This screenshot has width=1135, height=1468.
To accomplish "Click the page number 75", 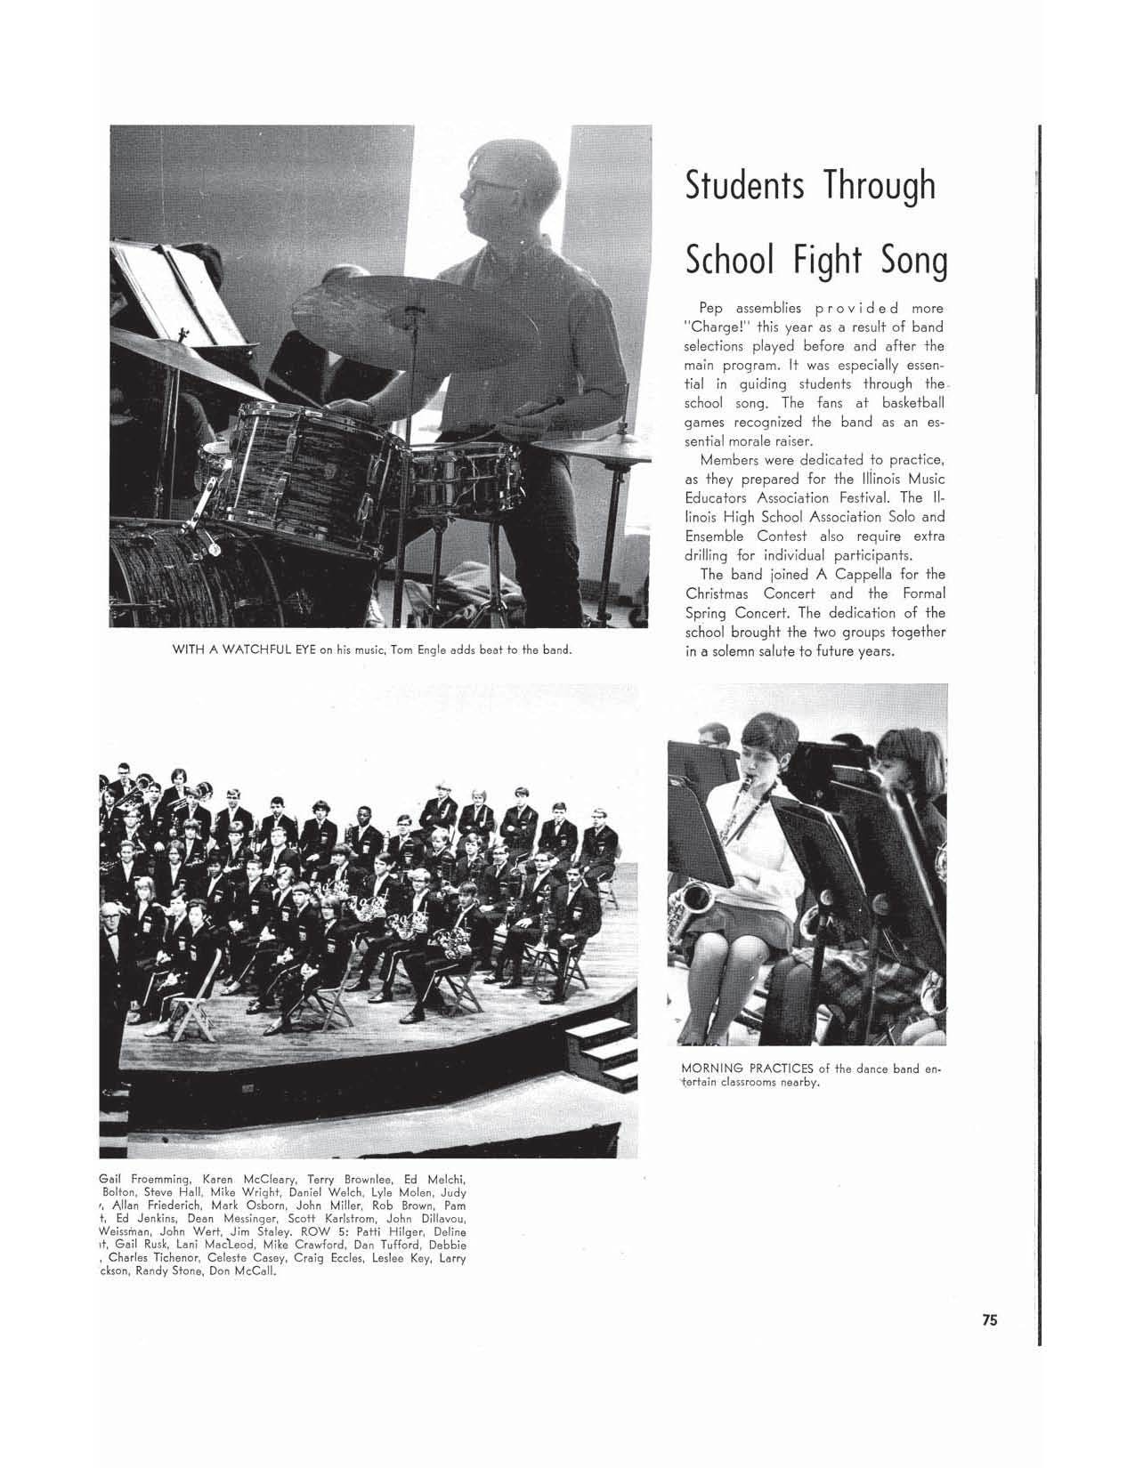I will point(990,1320).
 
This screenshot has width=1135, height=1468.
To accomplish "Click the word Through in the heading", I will point(880,186).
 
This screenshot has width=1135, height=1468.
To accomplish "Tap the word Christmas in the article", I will point(720,593).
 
